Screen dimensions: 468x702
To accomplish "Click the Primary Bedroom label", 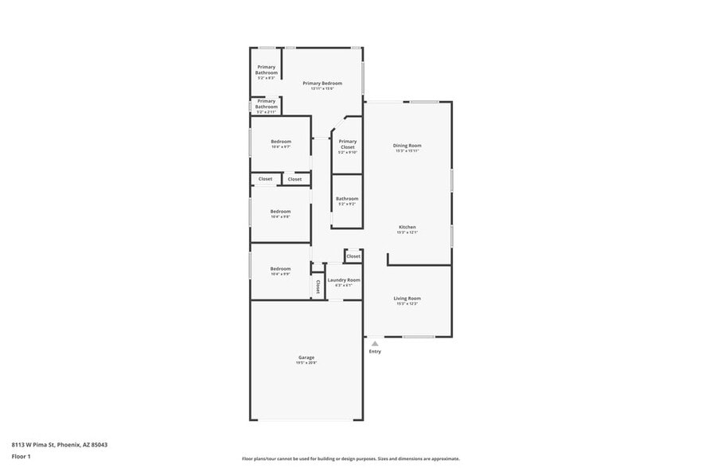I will (322, 83).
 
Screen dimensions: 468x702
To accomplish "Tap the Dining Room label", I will (407, 146).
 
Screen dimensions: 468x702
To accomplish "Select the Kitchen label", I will (407, 227).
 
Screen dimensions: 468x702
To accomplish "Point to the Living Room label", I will (407, 298).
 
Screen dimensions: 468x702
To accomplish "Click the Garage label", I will (306, 357).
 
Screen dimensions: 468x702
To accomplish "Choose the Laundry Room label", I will (344, 280).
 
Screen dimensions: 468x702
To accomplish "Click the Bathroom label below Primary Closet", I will (347, 199).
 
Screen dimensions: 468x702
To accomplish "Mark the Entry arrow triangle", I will (375, 344).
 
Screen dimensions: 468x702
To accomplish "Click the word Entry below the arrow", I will (375, 352).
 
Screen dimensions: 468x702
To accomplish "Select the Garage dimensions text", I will (306, 363).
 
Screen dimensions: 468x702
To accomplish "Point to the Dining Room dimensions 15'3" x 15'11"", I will (407, 151).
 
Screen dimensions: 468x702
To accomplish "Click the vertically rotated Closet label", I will (318, 286).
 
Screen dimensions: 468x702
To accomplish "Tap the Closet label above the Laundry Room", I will (353, 256).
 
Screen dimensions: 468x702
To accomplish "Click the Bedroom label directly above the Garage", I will (280, 269).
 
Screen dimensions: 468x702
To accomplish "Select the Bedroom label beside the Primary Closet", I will (280, 142).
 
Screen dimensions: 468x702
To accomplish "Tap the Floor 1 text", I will (21, 457).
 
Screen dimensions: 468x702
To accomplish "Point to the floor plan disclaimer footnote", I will (350, 459).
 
